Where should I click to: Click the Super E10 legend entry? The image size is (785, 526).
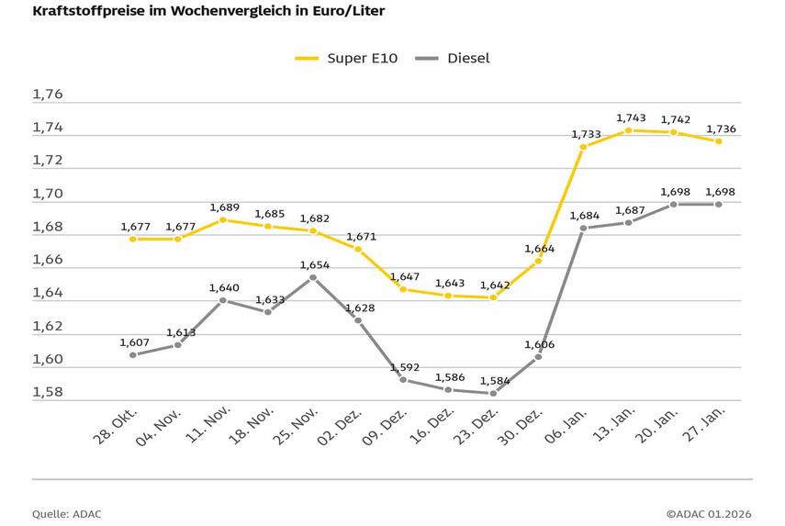(345, 58)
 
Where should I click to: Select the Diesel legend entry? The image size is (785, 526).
(453, 58)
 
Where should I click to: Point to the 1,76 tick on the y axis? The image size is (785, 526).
(48, 95)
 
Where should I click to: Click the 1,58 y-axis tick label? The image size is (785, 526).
(48, 393)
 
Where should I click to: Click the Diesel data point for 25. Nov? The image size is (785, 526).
(313, 277)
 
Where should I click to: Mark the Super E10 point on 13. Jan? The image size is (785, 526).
(628, 130)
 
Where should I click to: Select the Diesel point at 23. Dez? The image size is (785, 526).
(493, 393)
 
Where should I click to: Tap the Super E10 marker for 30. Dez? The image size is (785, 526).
(538, 261)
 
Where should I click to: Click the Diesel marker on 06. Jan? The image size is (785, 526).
(583, 228)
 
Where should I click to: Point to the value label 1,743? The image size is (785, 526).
(631, 118)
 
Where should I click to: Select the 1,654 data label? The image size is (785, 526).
(316, 264)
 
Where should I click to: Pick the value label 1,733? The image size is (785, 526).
(586, 134)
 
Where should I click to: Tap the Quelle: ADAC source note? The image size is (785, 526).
(66, 514)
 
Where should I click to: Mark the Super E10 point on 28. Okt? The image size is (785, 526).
(133, 239)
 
